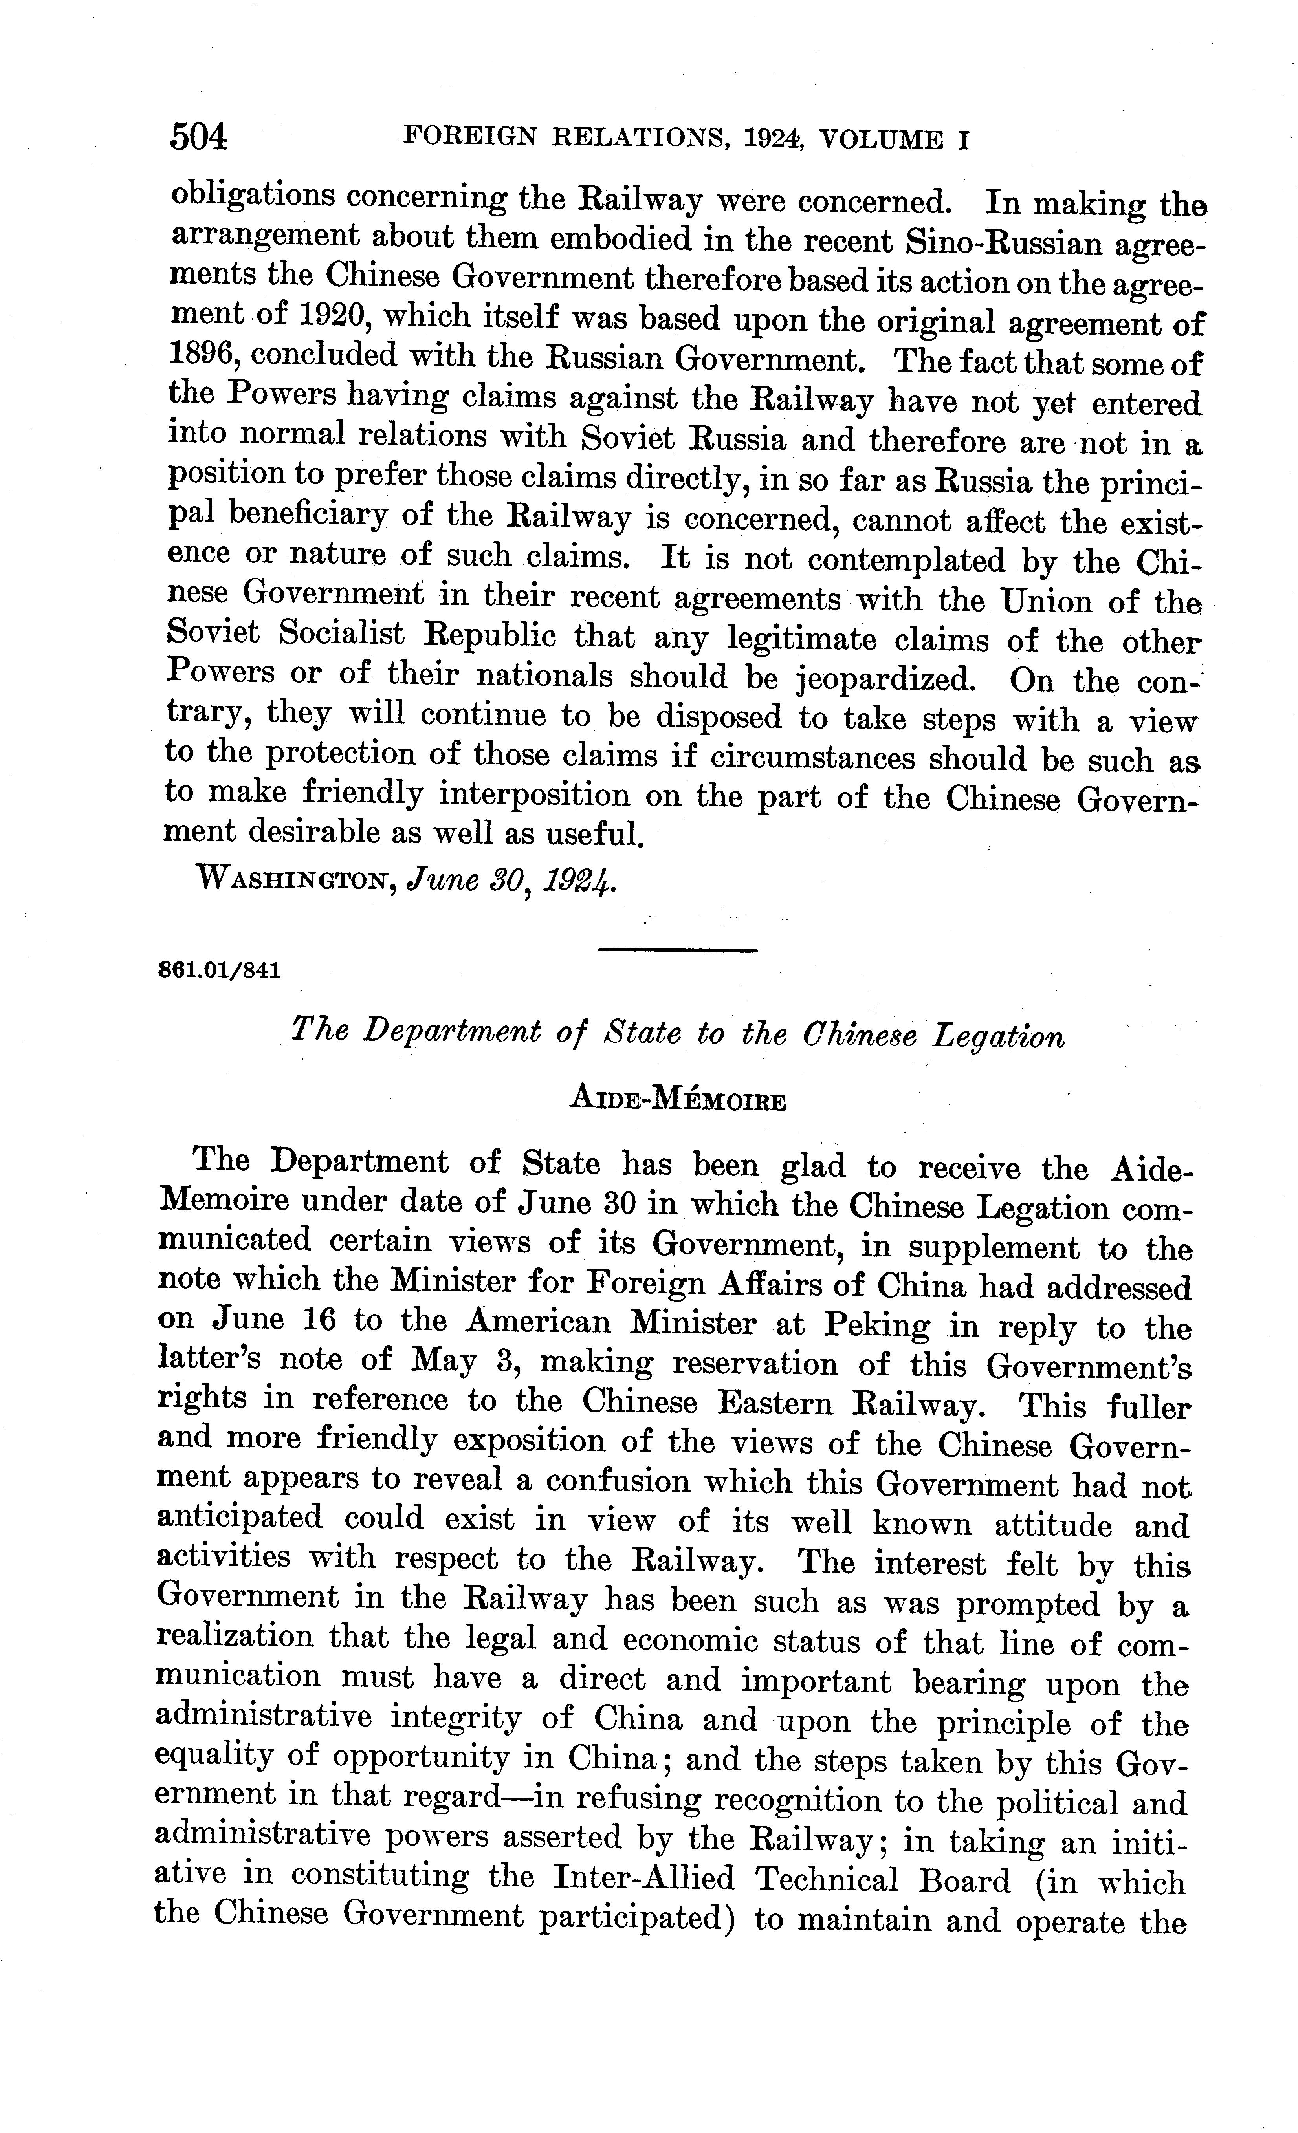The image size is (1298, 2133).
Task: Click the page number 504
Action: (199, 137)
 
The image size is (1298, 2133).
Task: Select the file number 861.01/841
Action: (220, 970)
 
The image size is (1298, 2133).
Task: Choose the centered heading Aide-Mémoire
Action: (677, 1100)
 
